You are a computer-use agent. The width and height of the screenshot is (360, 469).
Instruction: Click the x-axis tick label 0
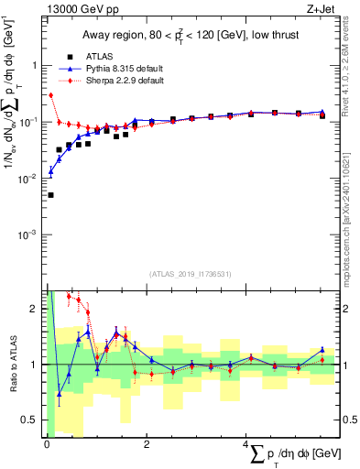[47, 442]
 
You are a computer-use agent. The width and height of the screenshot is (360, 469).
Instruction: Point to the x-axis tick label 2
[147, 442]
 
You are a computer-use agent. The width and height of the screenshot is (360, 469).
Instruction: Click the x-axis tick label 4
[248, 442]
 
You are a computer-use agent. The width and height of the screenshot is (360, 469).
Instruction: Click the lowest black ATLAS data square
[50, 195]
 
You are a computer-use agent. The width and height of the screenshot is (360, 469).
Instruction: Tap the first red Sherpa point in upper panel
[50, 94]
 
